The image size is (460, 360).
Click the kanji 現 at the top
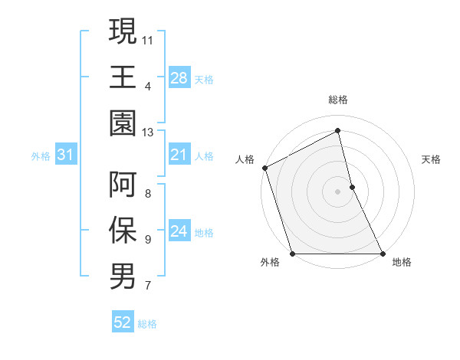[123, 31]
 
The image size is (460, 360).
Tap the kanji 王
[123, 77]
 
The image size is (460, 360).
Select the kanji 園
[123, 123]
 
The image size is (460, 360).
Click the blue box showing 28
[179, 77]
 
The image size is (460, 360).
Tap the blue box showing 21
[179, 155]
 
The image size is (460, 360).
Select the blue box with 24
[179, 231]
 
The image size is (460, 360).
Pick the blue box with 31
[65, 155]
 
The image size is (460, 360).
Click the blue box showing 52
[123, 323]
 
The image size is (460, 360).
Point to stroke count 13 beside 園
[148, 133]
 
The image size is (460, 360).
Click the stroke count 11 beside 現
[148, 39]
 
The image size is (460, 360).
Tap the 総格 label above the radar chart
[338, 100]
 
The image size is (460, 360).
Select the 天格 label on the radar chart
[432, 159]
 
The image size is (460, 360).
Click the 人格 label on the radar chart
[245, 159]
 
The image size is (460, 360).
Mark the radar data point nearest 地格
[382, 254]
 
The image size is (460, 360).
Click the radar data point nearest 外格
[293, 254]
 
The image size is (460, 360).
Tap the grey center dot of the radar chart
[337, 191]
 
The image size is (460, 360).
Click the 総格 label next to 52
[147, 324]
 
